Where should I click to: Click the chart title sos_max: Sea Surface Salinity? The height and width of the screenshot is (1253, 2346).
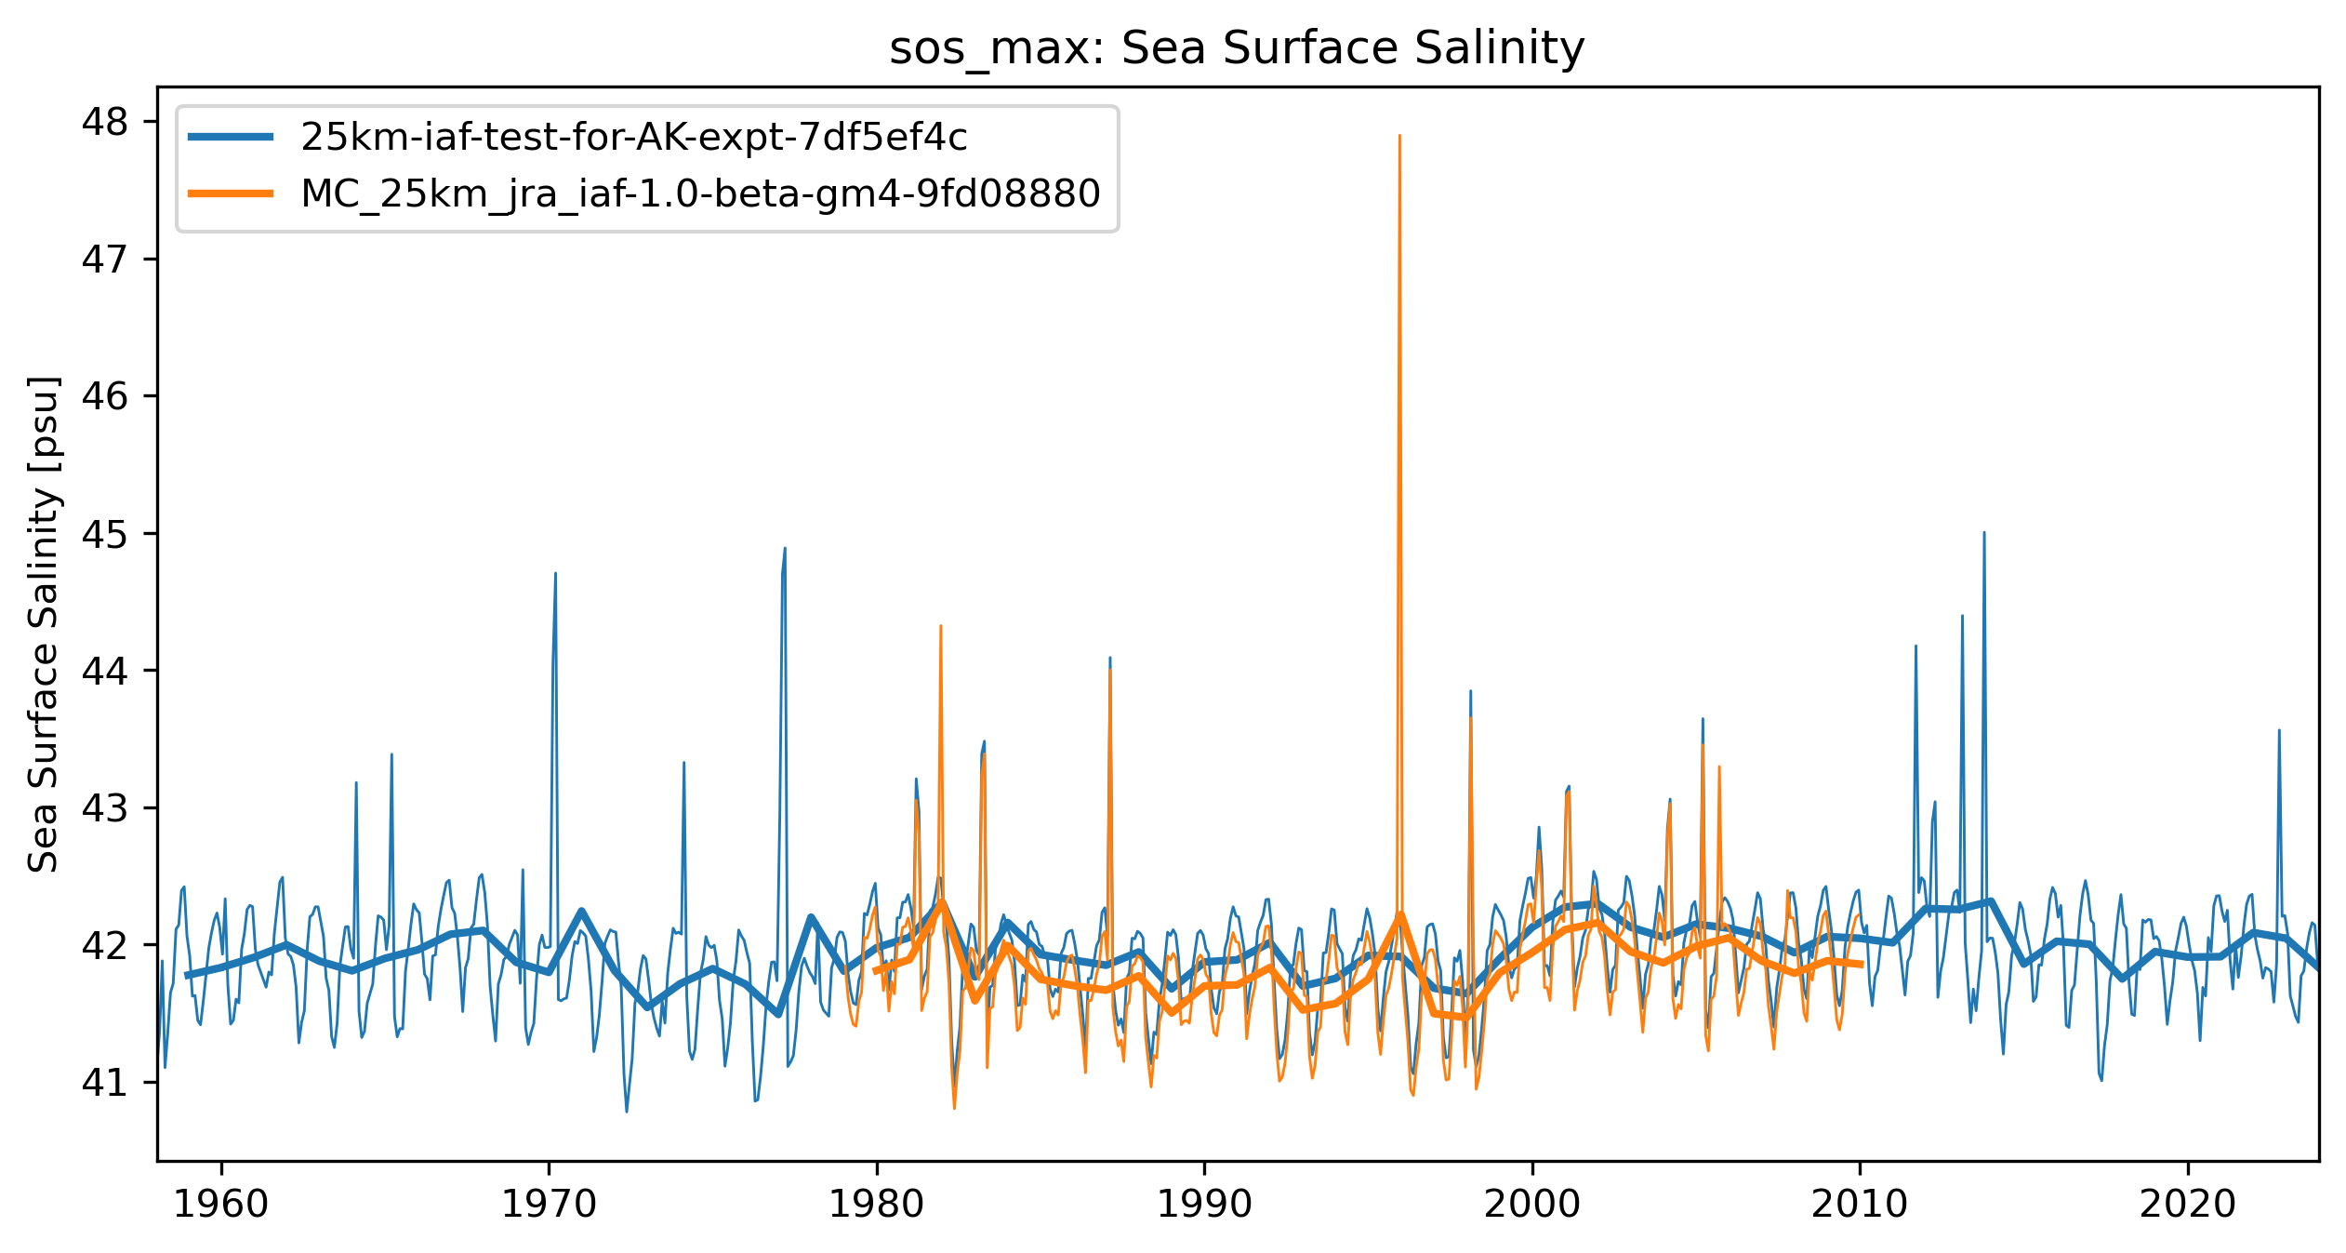[x=1237, y=48]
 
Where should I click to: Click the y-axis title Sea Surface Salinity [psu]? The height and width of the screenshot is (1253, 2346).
[x=44, y=624]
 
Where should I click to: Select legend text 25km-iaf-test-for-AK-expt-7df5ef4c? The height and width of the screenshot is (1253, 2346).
[x=633, y=138]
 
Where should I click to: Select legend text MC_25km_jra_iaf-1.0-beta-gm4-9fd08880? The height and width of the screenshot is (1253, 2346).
[x=700, y=193]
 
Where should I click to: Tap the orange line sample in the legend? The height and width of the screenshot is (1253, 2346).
[x=231, y=193]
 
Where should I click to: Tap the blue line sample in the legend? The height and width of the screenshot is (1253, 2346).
[x=231, y=138]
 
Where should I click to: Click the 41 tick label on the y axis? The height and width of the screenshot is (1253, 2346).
[x=105, y=1083]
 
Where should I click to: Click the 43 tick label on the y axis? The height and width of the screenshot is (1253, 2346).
[x=105, y=808]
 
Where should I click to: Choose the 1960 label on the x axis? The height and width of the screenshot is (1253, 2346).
[x=221, y=1205]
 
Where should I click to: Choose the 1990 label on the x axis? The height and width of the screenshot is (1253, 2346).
[x=1204, y=1205]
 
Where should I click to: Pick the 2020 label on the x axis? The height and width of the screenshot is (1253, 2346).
[x=2187, y=1205]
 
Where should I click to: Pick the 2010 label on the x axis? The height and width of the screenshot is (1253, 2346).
[x=1860, y=1205]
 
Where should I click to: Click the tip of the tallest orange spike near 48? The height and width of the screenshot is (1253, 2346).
[x=1399, y=136]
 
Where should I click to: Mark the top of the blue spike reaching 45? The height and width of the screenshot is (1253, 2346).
[x=1984, y=533]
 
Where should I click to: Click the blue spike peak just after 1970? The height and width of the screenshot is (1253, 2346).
[x=555, y=574]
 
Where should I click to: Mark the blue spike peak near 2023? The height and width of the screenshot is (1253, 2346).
[x=2278, y=730]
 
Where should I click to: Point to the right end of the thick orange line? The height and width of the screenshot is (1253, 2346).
[x=1862, y=965]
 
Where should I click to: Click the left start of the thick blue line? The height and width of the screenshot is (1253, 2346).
[x=187, y=976]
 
